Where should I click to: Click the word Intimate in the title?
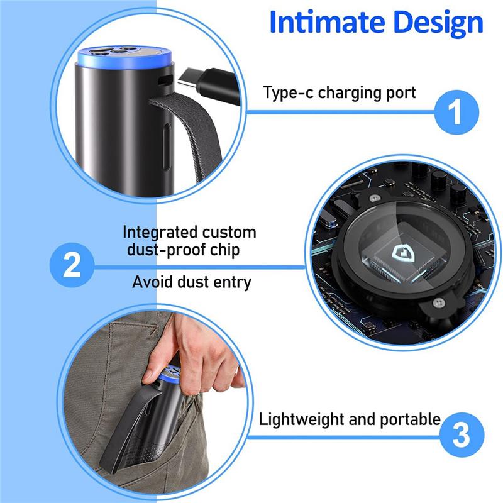(x=327, y=22)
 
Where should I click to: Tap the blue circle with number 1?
(x=456, y=112)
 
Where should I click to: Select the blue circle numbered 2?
(x=72, y=265)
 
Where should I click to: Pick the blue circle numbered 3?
(x=462, y=434)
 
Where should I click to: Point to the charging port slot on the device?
(x=164, y=80)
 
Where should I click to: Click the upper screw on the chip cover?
(x=374, y=198)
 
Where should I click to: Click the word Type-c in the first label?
(x=288, y=93)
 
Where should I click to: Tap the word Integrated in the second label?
(x=160, y=233)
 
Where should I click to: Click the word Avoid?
(x=152, y=282)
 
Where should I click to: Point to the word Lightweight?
(x=302, y=419)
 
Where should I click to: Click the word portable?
(x=410, y=419)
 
